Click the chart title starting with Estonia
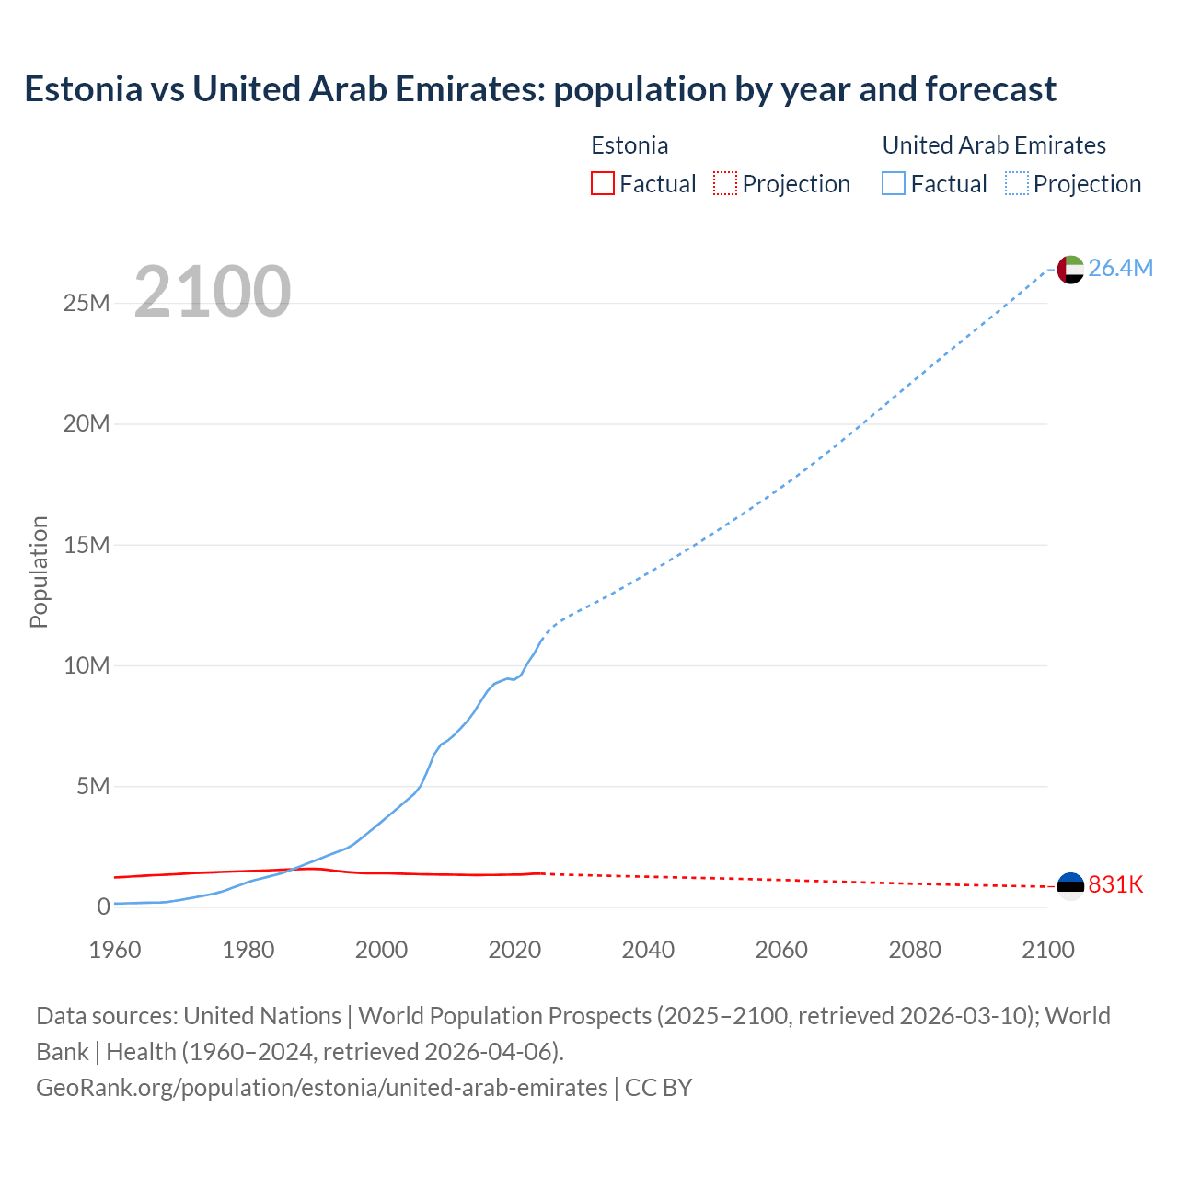pyautogui.click(x=540, y=89)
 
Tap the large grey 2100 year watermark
pyautogui.click(x=213, y=292)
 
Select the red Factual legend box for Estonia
pyautogui.click(x=603, y=183)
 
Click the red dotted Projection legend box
pyautogui.click(x=725, y=183)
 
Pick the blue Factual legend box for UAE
pyautogui.click(x=894, y=183)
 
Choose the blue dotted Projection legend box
pyautogui.click(x=1016, y=183)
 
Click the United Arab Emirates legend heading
pyautogui.click(x=994, y=145)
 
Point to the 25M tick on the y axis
pyautogui.click(x=87, y=303)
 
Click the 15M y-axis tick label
pyautogui.click(x=87, y=545)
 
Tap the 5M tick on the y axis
pyautogui.click(x=93, y=786)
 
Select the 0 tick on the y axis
pyautogui.click(x=103, y=907)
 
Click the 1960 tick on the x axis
pyautogui.click(x=115, y=950)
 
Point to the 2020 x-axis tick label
pyautogui.click(x=514, y=950)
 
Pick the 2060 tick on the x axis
pyautogui.click(x=781, y=950)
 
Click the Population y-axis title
pyautogui.click(x=39, y=572)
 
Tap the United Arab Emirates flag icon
pyautogui.click(x=1070, y=269)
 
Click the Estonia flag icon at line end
pyautogui.click(x=1070, y=885)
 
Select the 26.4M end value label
pyautogui.click(x=1120, y=268)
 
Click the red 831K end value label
pyautogui.click(x=1115, y=884)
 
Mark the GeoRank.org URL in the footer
pyautogui.click(x=322, y=1088)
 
